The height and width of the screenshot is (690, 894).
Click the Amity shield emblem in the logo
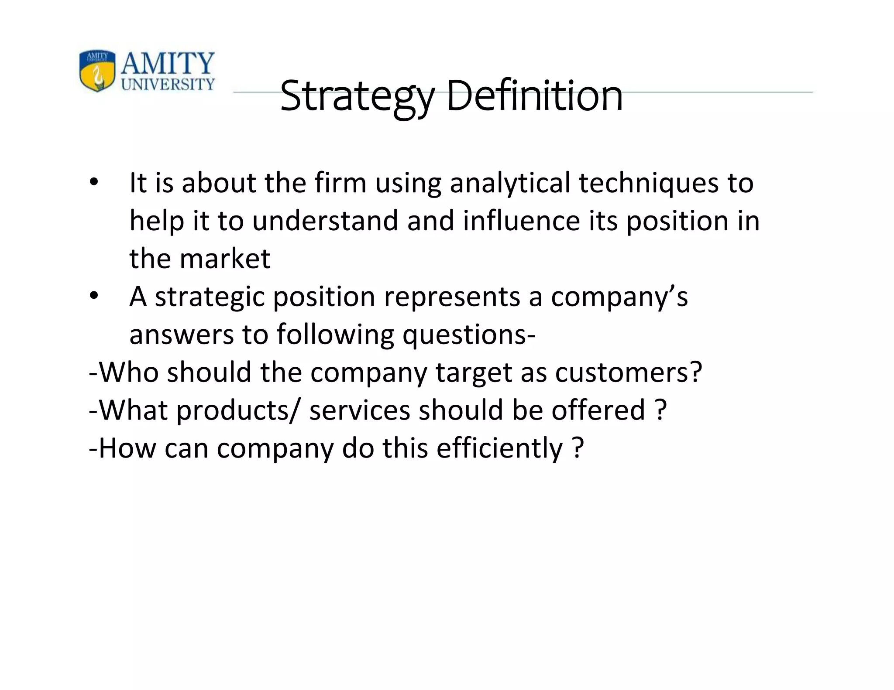[x=97, y=70]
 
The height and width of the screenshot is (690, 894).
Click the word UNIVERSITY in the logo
[x=168, y=84]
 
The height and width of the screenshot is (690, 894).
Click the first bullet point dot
[x=93, y=183]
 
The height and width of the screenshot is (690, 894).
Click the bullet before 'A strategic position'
[x=93, y=296]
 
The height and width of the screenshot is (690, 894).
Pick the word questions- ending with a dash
[x=469, y=335]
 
